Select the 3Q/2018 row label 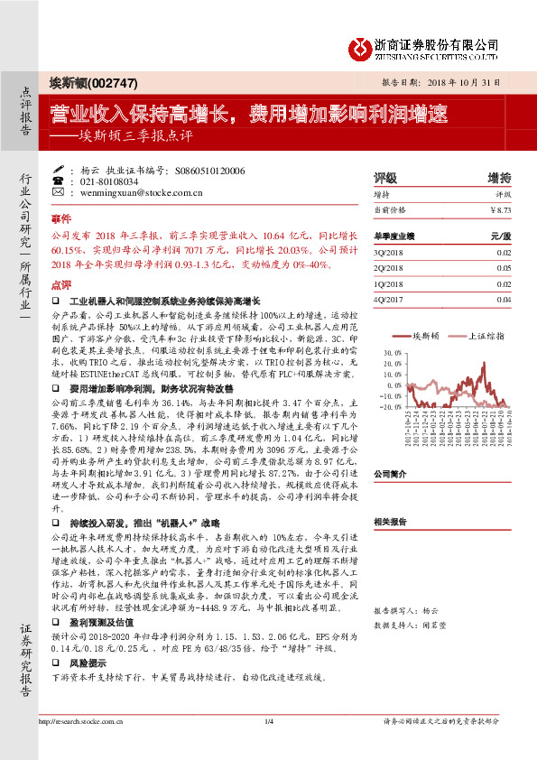point(389,252)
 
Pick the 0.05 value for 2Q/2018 point(505,267)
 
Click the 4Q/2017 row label point(389,299)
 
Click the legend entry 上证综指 point(483,336)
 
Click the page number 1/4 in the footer point(269,746)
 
